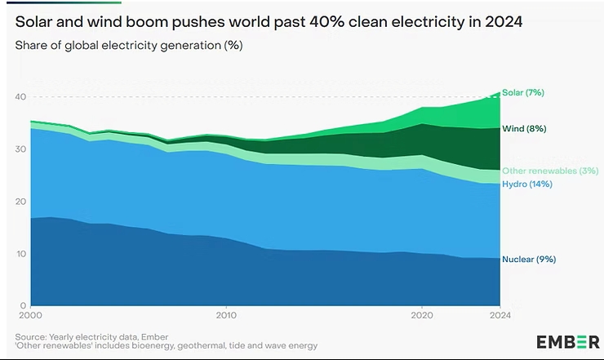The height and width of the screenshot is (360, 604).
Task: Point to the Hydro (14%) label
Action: tap(527, 184)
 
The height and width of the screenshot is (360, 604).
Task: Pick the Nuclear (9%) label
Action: tap(529, 260)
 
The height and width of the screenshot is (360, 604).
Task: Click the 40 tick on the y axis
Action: tap(20, 97)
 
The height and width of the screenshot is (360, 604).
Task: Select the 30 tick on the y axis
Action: tap(20, 149)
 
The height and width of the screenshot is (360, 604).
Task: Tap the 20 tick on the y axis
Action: tap(20, 202)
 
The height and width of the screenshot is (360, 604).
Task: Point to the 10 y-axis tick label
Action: tap(20, 254)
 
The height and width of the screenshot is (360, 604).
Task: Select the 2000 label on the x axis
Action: tap(29, 315)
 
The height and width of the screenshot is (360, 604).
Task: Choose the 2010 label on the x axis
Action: tap(226, 315)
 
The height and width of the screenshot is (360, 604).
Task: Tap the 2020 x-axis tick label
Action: tap(422, 315)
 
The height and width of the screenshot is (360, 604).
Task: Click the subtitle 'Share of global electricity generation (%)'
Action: tap(129, 44)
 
